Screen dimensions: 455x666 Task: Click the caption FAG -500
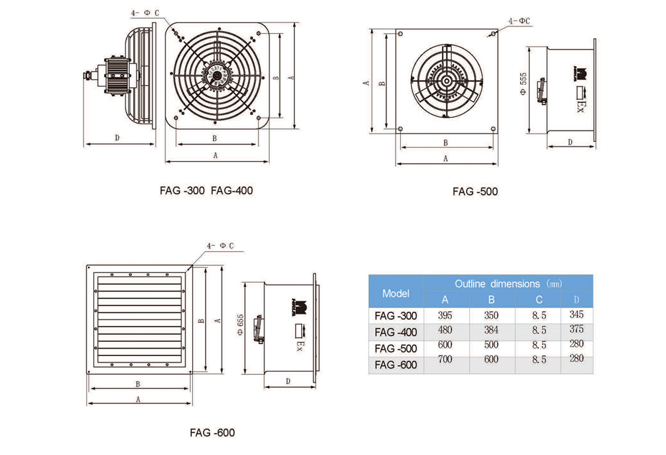pos(475,192)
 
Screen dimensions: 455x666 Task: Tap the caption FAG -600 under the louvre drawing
pos(212,432)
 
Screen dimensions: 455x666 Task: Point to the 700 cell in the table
pos(445,359)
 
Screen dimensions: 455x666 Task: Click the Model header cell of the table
pos(396,293)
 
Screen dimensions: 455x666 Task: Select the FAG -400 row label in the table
pos(396,332)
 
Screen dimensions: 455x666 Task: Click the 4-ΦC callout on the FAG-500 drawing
pos(519,21)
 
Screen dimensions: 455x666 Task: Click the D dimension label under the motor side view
pos(117,137)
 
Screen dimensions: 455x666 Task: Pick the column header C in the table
pos(538,300)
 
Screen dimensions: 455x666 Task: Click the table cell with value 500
pos(491,345)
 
